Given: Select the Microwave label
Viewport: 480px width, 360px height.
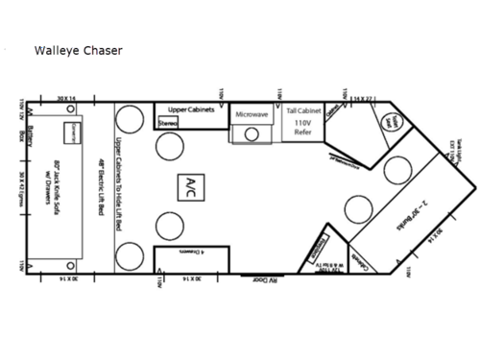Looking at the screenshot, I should point(252,115).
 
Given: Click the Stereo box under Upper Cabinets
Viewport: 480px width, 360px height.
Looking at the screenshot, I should point(168,123).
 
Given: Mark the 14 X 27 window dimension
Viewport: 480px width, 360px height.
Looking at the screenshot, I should point(361,98).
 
